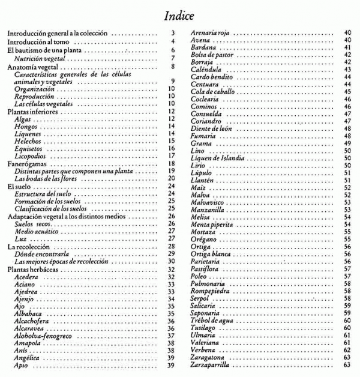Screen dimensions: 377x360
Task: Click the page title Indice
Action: click(x=181, y=14)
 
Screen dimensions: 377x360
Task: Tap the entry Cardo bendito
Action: click(x=210, y=78)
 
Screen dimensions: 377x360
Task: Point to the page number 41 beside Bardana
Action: click(x=347, y=47)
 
